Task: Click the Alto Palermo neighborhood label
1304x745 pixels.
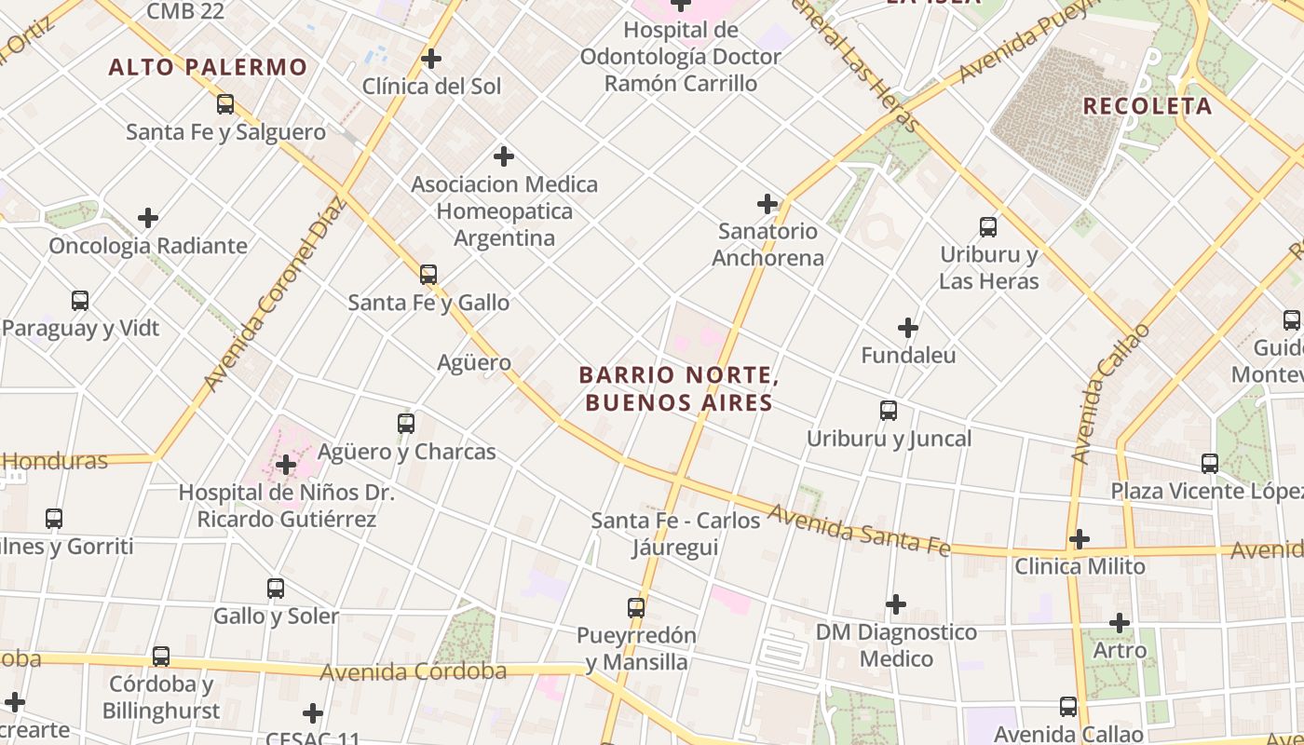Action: [x=207, y=67]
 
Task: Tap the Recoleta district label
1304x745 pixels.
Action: [x=1148, y=106]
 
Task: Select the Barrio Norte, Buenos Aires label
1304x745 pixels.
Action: [x=678, y=388]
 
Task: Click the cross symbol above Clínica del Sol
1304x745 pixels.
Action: [x=430, y=59]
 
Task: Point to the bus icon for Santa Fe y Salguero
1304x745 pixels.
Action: [x=225, y=104]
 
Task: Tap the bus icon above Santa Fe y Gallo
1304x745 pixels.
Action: [x=428, y=275]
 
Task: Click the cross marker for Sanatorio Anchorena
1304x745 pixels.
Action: [x=767, y=203]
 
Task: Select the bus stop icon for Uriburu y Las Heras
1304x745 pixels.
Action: [x=988, y=226]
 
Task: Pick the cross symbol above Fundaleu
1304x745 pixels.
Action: [x=907, y=328]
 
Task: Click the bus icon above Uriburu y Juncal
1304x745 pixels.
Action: [x=889, y=411]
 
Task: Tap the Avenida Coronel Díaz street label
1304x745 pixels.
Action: [x=275, y=293]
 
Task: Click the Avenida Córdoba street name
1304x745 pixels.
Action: [x=413, y=671]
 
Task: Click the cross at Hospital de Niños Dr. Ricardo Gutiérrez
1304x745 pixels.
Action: [x=286, y=464]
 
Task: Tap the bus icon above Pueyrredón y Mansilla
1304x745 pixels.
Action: [x=636, y=608]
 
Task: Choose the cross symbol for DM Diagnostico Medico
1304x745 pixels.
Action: [x=896, y=604]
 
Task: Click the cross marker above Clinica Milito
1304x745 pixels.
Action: [x=1080, y=538]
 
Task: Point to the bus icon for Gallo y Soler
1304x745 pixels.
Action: [x=276, y=589]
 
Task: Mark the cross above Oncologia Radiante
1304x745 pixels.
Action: [x=148, y=218]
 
